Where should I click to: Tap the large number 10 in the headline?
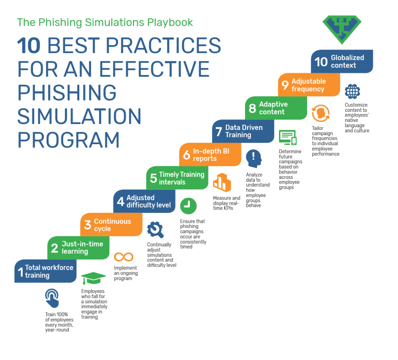(x=29, y=46)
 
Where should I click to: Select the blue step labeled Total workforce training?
(x=46, y=271)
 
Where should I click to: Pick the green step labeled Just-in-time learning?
(x=79, y=248)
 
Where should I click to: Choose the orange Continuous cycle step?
(x=112, y=225)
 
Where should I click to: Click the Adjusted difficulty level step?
(x=144, y=201)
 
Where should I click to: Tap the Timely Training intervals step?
(x=177, y=178)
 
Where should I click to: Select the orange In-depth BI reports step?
(x=210, y=155)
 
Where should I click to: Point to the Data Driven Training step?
(x=243, y=131)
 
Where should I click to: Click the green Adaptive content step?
(x=276, y=108)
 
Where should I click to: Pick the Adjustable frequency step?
(x=309, y=85)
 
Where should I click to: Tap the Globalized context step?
(x=342, y=61)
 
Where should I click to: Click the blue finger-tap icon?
(x=52, y=298)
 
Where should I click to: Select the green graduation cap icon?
(x=93, y=278)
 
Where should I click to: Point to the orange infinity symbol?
(x=124, y=257)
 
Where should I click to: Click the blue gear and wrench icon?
(x=155, y=230)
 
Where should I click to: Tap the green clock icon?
(x=188, y=206)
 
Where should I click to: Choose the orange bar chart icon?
(x=222, y=182)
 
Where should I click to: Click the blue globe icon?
(x=352, y=91)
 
